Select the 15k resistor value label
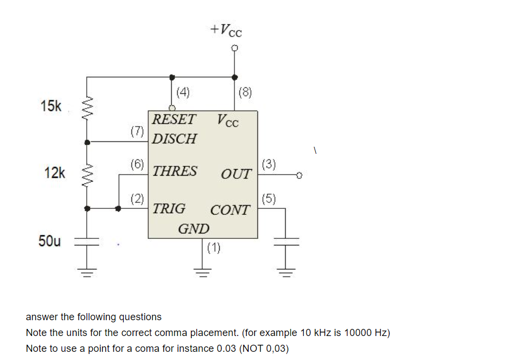51,106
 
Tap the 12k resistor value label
55,173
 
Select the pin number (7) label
137,131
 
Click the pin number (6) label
137,164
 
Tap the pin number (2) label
137,199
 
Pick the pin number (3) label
269,164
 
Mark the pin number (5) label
269,199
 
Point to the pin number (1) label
214,248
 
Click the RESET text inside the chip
174,119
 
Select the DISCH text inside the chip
174,139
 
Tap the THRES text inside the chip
175,171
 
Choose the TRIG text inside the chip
169,208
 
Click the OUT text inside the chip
236,175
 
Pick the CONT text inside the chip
230,210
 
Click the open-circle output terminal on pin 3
299,175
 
